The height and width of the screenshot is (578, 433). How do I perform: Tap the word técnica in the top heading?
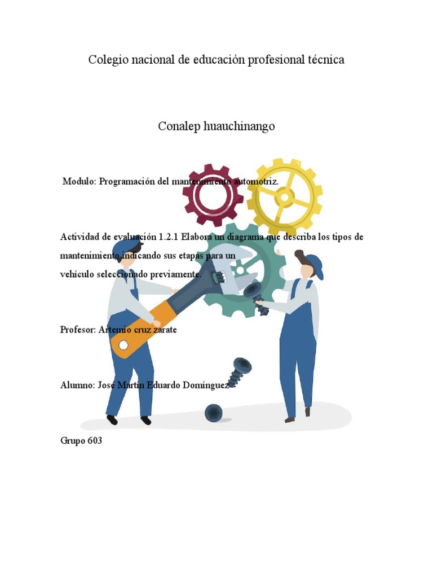click(324, 59)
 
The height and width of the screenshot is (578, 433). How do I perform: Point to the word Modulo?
click(80, 181)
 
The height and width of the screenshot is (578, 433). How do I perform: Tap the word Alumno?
click(76, 386)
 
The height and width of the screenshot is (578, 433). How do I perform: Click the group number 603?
click(95, 441)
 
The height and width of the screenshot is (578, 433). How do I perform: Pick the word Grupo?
click(72, 441)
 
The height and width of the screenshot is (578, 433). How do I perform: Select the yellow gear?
click(285, 197)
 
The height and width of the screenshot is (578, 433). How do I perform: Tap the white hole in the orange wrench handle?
click(123, 345)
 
